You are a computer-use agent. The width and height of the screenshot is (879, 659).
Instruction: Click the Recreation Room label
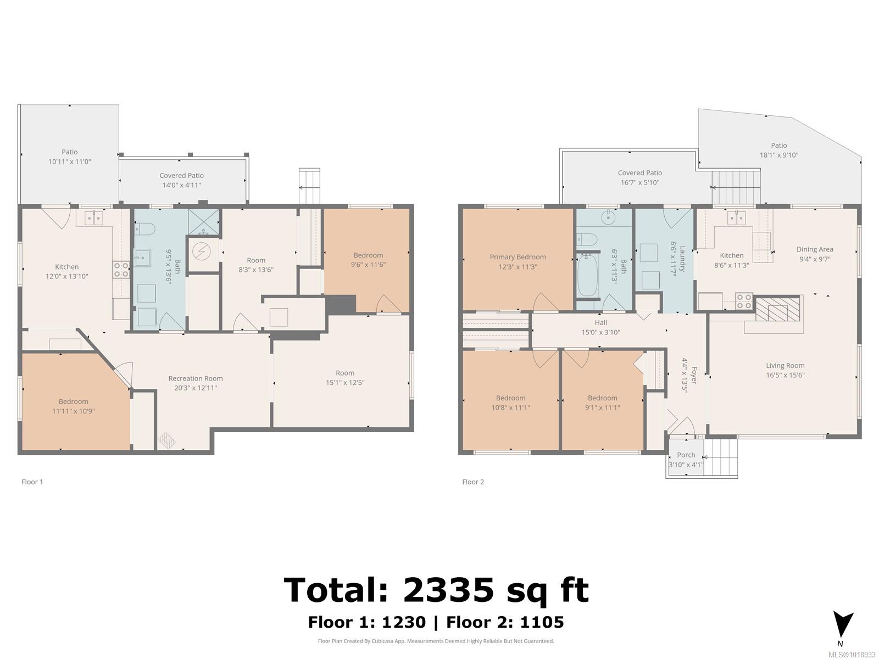(x=196, y=378)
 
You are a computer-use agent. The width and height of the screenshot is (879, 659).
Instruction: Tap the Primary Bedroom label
(x=518, y=257)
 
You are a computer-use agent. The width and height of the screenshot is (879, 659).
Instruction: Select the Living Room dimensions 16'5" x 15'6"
(x=785, y=375)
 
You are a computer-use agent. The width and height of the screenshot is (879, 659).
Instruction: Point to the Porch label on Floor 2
(x=686, y=455)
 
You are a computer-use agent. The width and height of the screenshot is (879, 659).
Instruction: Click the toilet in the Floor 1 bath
(x=146, y=228)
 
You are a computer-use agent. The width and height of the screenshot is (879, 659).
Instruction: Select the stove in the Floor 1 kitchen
(x=121, y=270)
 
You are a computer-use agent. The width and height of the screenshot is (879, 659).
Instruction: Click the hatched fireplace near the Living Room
(x=778, y=309)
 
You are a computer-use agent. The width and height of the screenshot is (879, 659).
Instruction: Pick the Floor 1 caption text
(x=32, y=482)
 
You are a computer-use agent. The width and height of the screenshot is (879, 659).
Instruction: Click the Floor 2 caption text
(x=473, y=482)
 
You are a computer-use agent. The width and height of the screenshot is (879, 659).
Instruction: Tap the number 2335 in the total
(x=448, y=590)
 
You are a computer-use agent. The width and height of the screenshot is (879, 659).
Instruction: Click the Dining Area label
(x=815, y=249)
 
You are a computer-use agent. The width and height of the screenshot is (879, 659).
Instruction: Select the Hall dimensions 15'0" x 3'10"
(x=600, y=332)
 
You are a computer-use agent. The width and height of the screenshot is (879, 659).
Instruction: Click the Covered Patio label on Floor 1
(x=181, y=175)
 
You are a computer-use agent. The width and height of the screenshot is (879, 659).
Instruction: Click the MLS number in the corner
(x=852, y=654)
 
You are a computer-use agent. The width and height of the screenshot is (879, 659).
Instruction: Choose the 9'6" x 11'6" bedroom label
(x=368, y=265)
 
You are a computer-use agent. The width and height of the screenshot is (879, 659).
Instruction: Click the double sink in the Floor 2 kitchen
(x=737, y=219)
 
